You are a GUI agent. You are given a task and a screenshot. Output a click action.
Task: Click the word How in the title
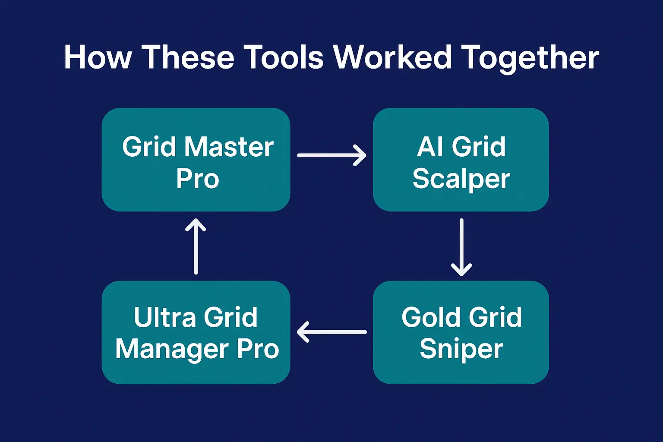98,57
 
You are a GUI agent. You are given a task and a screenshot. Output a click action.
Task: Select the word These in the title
188,57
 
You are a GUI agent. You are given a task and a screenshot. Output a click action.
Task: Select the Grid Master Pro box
196,159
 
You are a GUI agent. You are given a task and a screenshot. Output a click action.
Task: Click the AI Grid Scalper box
461,159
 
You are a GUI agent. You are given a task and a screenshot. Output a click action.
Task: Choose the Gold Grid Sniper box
461,332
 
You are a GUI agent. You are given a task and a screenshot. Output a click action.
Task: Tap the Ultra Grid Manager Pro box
196,332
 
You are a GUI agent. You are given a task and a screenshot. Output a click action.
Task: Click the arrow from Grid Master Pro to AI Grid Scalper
331,155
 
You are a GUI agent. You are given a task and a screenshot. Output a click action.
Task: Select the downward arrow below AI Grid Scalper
461,247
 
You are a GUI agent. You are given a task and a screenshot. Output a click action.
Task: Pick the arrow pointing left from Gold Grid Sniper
331,332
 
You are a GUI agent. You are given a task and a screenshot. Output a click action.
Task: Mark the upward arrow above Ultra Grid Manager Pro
196,246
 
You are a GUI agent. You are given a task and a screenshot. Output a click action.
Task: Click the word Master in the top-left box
229,147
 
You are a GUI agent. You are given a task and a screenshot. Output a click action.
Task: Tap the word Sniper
461,349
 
